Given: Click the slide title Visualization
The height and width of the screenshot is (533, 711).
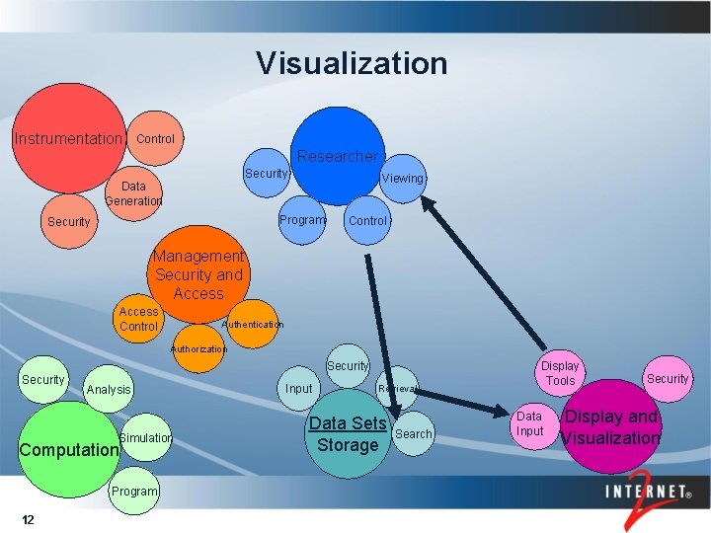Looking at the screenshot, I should click(352, 64).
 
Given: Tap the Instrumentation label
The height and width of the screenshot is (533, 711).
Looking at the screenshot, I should click(68, 139).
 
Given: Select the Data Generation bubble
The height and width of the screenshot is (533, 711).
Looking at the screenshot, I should click(133, 193).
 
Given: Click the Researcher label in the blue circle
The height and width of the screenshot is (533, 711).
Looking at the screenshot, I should click(338, 156).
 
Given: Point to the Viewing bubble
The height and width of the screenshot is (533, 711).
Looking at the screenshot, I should click(403, 179).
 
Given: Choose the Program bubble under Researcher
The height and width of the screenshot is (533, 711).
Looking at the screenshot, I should click(302, 219).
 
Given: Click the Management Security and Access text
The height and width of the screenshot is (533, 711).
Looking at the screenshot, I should click(198, 274).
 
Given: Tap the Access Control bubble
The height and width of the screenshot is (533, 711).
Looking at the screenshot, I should click(138, 319).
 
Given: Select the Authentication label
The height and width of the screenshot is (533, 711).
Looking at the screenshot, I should click(253, 324).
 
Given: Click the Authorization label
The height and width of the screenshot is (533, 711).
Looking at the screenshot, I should click(198, 349).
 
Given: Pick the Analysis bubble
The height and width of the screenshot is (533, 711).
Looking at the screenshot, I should click(109, 390).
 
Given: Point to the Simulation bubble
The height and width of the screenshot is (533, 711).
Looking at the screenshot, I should click(145, 437).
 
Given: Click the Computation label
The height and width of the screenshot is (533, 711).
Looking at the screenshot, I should click(69, 449).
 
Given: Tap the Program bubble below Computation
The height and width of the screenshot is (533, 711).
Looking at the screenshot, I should click(134, 492).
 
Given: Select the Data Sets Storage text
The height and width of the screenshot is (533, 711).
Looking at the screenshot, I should click(348, 434).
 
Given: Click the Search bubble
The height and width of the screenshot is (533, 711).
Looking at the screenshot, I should click(414, 434).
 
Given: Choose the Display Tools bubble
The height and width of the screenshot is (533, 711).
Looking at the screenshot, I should click(560, 373).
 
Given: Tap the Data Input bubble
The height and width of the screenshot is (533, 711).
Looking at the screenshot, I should click(530, 423).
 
